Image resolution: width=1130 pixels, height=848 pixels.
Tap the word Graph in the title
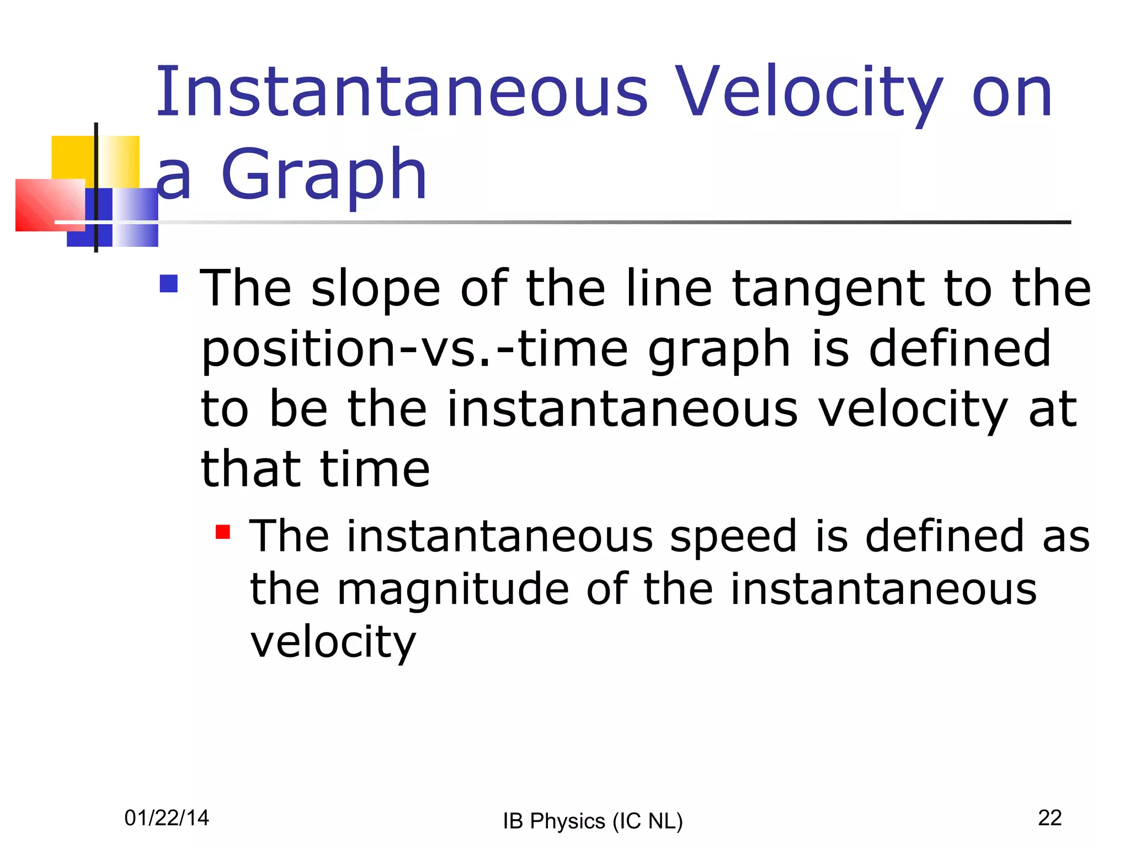(x=324, y=176)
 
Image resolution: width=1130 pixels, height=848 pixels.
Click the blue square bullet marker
(x=168, y=284)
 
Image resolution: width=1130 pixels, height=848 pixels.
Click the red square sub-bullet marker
(x=223, y=532)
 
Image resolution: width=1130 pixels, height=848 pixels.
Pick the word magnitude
(x=452, y=590)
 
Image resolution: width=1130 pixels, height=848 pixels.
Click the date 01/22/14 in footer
(x=167, y=818)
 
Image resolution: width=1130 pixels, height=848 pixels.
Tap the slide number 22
(x=1049, y=818)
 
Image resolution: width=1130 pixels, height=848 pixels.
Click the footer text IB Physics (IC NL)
(x=593, y=821)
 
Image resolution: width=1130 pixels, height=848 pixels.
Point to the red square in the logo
(x=47, y=204)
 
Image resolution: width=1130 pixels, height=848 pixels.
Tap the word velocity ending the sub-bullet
(x=333, y=643)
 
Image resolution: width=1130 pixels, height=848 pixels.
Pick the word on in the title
(x=1012, y=94)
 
